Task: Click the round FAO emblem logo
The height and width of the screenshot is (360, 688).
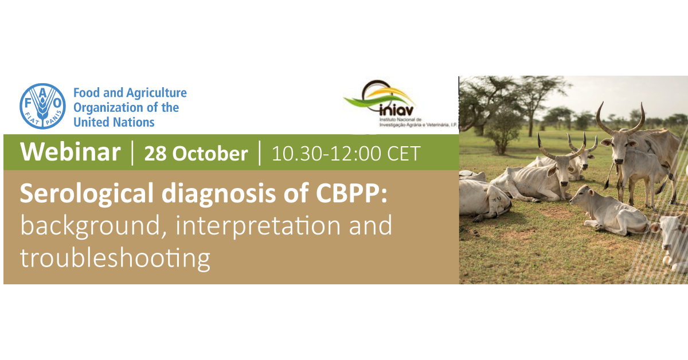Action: click(42, 106)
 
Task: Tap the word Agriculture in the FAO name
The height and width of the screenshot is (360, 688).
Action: click(157, 93)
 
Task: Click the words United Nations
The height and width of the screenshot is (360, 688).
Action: click(114, 122)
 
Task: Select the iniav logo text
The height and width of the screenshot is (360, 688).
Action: click(397, 110)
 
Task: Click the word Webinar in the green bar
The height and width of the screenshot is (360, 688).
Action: click(71, 152)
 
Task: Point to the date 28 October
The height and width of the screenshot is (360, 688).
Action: click(196, 153)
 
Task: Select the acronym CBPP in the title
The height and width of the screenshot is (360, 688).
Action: click(351, 193)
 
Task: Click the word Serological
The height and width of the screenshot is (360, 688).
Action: click(87, 194)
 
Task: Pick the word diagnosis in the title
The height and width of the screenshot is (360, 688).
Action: click(218, 194)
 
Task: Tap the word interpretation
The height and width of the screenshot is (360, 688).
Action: click(257, 226)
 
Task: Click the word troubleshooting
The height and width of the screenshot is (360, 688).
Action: click(115, 259)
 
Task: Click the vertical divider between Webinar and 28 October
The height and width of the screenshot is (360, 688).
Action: click(132, 152)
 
